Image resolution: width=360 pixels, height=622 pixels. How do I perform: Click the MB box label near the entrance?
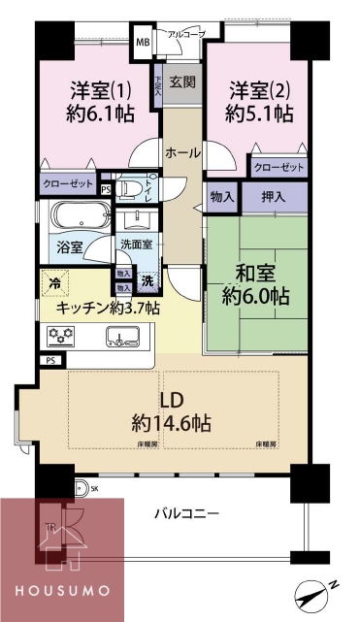tap(143, 43)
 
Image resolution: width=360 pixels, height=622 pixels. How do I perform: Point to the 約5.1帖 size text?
tap(258, 114)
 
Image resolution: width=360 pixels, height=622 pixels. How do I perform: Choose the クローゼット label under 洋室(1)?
tap(67, 181)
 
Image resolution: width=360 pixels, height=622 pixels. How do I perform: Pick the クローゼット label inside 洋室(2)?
tap(278, 168)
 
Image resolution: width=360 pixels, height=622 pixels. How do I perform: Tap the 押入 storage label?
tap(275, 196)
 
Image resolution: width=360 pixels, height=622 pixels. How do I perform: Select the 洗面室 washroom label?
tap(136, 245)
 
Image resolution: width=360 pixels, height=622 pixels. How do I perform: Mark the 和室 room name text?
tap(250, 270)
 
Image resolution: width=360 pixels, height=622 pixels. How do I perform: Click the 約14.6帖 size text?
tap(173, 423)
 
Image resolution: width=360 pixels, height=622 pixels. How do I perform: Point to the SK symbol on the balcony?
tap(94, 488)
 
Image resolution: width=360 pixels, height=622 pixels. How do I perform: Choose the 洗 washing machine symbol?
tap(147, 280)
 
